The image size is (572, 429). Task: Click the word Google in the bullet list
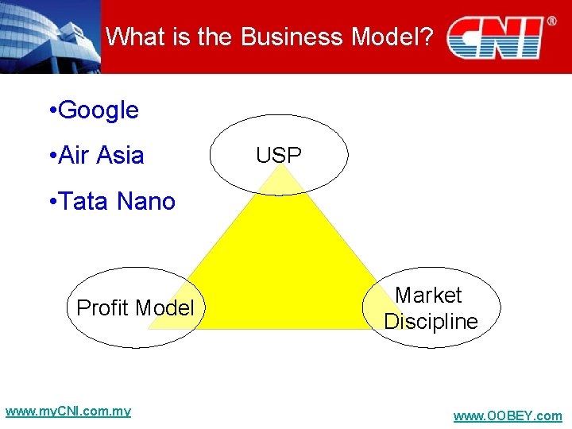point(99,110)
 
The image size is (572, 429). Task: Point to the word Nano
point(146,202)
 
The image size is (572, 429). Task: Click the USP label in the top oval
point(279,156)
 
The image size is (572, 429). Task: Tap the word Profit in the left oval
point(103,307)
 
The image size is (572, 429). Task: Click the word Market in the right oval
point(428,296)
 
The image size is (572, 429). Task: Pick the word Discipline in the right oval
point(431,322)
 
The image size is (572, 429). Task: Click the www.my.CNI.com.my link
point(68,412)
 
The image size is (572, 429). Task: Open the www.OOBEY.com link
point(507,416)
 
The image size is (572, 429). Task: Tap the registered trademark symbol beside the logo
point(551,21)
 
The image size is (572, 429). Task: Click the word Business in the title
point(292,37)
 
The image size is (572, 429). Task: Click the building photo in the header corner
point(49,37)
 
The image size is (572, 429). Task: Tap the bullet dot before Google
point(51,111)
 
